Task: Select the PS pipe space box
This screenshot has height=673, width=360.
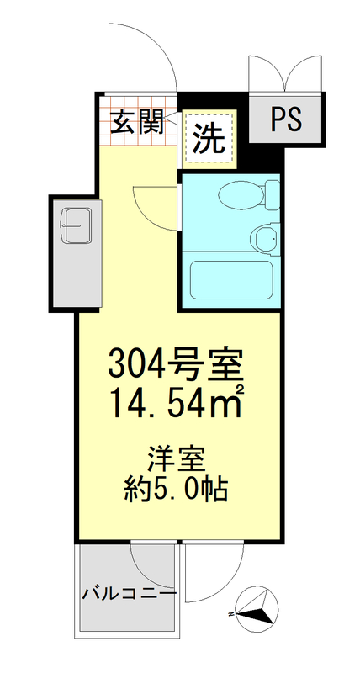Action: [x=287, y=119]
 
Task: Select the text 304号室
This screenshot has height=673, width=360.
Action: [x=175, y=363]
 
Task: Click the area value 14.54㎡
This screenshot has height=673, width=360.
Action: [x=175, y=404]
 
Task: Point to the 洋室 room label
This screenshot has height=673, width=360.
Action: [x=175, y=460]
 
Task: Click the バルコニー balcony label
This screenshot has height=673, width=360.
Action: [x=129, y=594]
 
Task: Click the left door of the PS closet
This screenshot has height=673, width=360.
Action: [x=267, y=74]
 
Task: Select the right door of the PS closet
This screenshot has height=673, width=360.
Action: [x=305, y=74]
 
